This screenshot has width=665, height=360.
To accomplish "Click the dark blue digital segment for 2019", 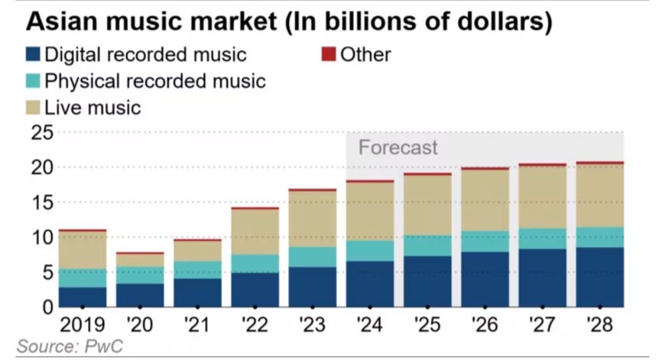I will (83, 297).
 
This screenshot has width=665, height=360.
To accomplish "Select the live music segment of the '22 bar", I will (255, 232).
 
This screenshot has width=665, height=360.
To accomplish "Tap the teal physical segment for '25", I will (427, 245).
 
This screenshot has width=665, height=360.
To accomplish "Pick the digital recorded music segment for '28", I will (599, 277).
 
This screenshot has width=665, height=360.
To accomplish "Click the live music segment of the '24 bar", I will (370, 211).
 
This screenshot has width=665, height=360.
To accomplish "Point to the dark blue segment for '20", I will (140, 295).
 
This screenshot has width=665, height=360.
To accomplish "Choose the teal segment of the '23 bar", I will (313, 257).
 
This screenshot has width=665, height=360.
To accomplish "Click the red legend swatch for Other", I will (329, 54).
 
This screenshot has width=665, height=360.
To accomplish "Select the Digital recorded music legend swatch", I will (33, 54).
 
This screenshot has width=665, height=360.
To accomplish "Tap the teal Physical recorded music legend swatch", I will (33, 80).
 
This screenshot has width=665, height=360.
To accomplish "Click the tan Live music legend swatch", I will (33, 107).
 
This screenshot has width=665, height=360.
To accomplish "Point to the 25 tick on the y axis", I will (42, 133).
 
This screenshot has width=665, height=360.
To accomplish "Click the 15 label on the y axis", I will (42, 203).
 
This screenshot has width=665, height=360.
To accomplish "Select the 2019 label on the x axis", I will (83, 324).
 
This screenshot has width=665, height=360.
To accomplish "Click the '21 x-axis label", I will (196, 324).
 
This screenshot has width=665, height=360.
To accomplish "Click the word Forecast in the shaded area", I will (398, 147).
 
